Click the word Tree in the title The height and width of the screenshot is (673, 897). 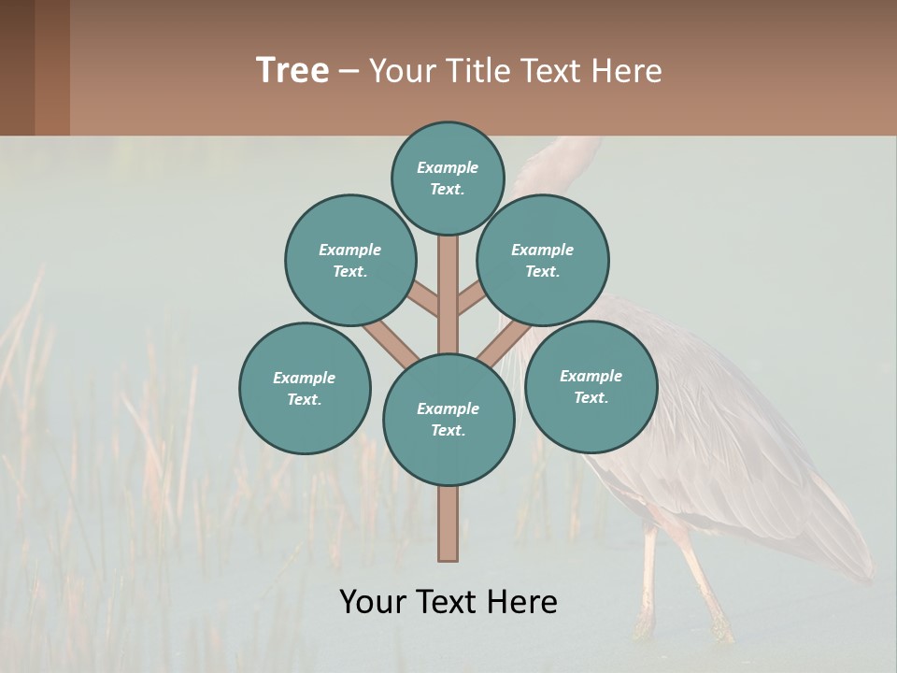[x=292, y=70]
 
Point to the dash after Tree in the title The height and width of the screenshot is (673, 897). [x=349, y=72]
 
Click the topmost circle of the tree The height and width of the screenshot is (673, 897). [x=448, y=178]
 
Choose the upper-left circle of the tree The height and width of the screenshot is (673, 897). [x=349, y=260]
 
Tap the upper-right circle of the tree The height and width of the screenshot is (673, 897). [x=543, y=260]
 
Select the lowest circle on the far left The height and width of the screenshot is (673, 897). [x=305, y=388]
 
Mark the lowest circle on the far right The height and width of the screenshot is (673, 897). [x=591, y=386]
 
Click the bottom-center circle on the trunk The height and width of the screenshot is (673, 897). [x=448, y=420]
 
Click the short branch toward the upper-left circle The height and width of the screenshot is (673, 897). [x=424, y=299]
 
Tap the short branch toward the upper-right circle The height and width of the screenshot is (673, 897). [x=471, y=299]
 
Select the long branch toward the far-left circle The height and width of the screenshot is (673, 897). [x=391, y=343]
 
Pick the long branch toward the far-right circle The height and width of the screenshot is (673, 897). [x=505, y=343]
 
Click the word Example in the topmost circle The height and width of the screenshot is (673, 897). [x=448, y=167]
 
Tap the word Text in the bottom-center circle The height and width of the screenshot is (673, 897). [x=448, y=430]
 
